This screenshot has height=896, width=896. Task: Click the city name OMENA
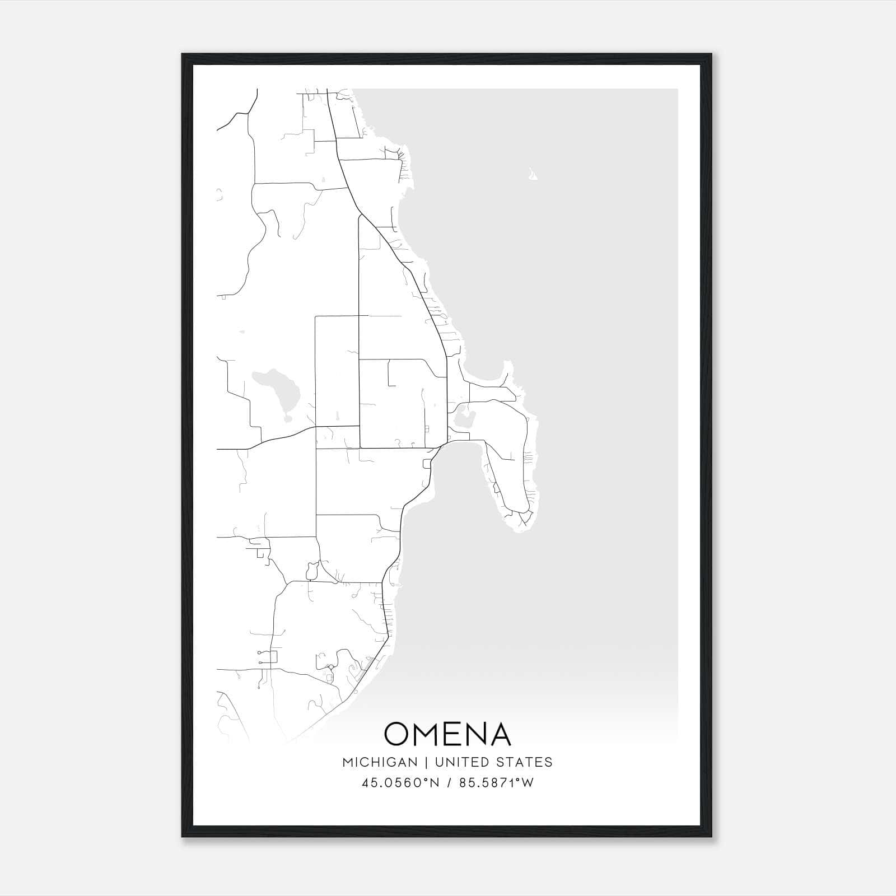click(x=447, y=734)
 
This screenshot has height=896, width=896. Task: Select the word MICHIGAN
click(x=380, y=762)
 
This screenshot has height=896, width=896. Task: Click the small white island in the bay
click(x=533, y=176)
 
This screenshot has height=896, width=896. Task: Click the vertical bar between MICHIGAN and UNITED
click(x=426, y=762)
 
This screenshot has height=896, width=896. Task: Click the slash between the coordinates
click(x=448, y=783)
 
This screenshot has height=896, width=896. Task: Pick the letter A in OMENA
click(x=500, y=734)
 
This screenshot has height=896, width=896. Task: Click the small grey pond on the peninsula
click(x=463, y=419)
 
